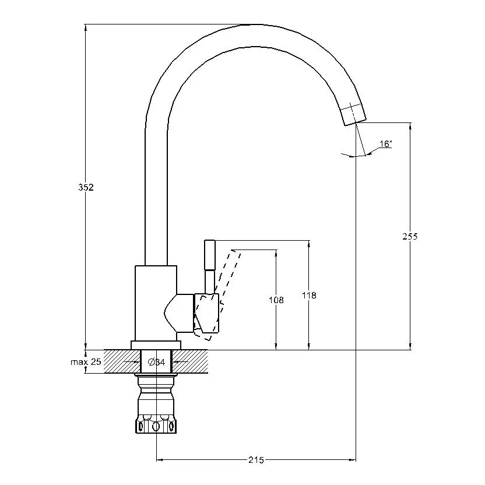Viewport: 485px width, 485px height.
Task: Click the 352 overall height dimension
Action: pos(86,187)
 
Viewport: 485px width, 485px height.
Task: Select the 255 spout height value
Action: pos(410,236)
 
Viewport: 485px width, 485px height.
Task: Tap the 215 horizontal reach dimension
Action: pos(256,460)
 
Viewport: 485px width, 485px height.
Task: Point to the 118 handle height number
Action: pos(309,296)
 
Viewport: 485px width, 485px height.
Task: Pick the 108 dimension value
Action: pos(276,300)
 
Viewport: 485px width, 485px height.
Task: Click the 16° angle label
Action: pos(386,144)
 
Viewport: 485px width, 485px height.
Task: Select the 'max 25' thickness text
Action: pos(86,361)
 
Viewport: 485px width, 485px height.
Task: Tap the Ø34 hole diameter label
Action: pos(156,362)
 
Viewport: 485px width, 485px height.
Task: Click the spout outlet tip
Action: pos(356,122)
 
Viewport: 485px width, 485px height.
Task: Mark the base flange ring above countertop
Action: pos(156,346)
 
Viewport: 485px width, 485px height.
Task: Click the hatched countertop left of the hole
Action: pos(122,361)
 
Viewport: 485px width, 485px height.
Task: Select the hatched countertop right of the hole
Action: pos(189,361)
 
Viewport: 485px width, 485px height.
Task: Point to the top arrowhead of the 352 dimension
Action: pos(85,27)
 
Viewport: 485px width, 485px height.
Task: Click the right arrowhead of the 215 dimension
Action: pos(352,460)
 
